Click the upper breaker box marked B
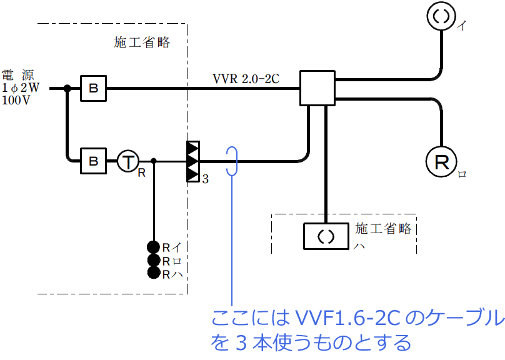pyautogui.click(x=93, y=89)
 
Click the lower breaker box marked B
pyautogui.click(x=93, y=162)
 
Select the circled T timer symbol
pyautogui.click(x=127, y=162)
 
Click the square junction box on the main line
pyautogui.click(x=317, y=88)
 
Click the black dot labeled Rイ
pyautogui.click(x=153, y=247)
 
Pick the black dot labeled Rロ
pyautogui.click(x=153, y=260)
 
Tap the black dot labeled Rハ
pyautogui.click(x=153, y=272)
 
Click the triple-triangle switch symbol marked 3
pyautogui.click(x=192, y=162)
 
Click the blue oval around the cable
pyautogui.click(x=232, y=162)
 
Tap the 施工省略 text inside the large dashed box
pyautogui.click(x=142, y=42)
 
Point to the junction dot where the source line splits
pyautogui.click(x=66, y=89)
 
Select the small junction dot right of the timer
pyautogui.click(x=153, y=162)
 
